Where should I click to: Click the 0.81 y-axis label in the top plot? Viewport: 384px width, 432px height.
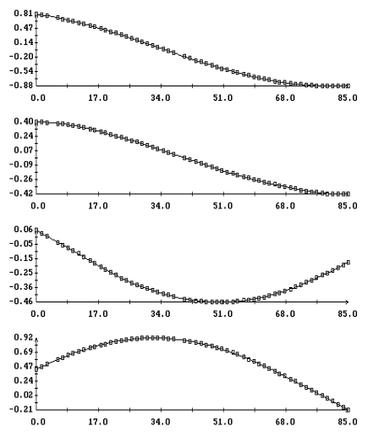(x=24, y=14)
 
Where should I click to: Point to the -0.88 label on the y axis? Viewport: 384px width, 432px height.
(x=21, y=86)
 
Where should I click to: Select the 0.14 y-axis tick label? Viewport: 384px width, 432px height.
(x=24, y=42)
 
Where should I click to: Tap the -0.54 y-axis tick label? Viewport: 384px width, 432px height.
(x=21, y=71)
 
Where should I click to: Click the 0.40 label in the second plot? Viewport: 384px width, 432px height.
(x=24, y=121)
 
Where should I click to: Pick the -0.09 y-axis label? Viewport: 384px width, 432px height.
(x=21, y=164)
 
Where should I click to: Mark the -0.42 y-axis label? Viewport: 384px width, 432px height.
(x=21, y=193)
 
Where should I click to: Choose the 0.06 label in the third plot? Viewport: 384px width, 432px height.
(x=24, y=230)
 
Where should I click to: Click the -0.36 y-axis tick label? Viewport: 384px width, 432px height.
(x=21, y=287)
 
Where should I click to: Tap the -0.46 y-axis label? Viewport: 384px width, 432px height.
(x=21, y=302)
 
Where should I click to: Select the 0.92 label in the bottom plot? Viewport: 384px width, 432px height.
(x=24, y=337)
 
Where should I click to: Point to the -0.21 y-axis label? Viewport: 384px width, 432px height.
(x=21, y=409)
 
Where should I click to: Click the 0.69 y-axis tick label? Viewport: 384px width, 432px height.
(x=24, y=352)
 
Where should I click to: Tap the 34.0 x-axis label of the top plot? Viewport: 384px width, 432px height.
(x=161, y=98)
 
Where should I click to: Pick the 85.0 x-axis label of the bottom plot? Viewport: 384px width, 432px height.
(x=348, y=422)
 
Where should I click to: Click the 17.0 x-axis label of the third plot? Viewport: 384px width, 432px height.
(x=98, y=313)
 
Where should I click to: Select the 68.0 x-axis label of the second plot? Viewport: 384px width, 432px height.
(x=285, y=206)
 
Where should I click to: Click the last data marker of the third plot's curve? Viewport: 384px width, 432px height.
(x=348, y=263)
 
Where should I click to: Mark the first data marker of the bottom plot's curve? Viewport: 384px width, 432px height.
(x=36, y=369)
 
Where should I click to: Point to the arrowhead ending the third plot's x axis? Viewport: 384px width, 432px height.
(x=348, y=302)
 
